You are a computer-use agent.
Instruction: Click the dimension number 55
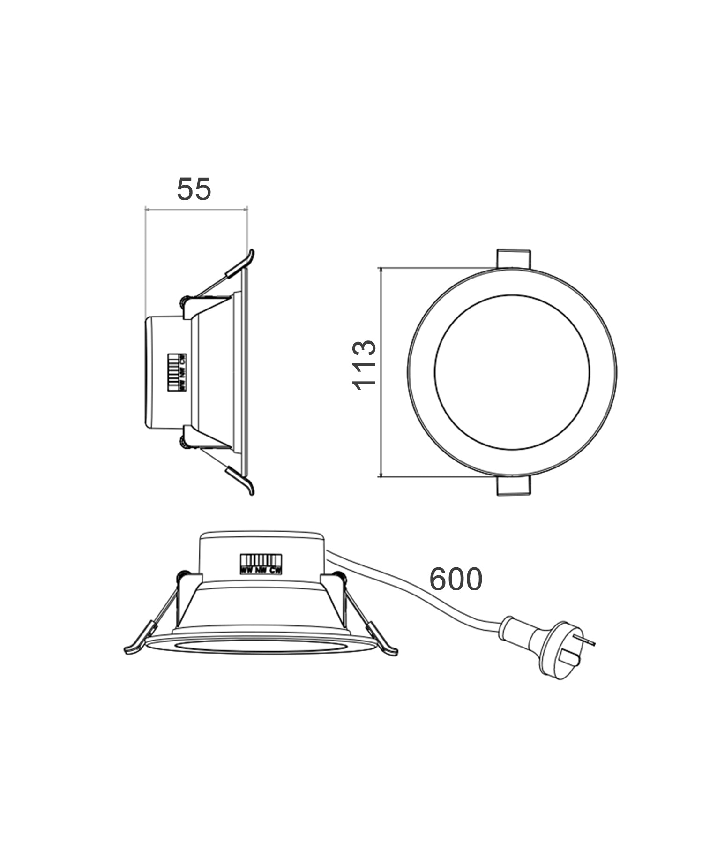[x=194, y=189]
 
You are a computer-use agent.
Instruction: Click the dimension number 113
[x=364, y=365]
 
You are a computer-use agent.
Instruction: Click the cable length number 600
[x=456, y=580]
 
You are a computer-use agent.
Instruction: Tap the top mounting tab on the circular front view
[x=514, y=258]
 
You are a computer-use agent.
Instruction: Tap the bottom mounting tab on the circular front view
[x=514, y=486]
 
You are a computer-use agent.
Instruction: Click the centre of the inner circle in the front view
[x=512, y=372]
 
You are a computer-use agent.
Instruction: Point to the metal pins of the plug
[x=588, y=640]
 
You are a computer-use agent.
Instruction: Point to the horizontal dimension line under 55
[x=196, y=209]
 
